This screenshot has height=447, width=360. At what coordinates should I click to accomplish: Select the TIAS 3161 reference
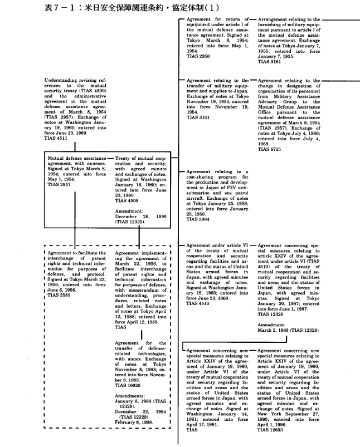pos(270,62)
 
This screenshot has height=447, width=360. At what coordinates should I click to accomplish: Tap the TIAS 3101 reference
pos(198,117)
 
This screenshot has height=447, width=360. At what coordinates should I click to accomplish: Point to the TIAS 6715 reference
pos(270,149)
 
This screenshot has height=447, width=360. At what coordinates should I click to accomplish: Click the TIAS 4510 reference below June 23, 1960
pos(198,304)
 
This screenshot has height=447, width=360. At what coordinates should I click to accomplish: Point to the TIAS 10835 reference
pos(129,385)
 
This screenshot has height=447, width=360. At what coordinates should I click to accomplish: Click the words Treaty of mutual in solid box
pos(135,159)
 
